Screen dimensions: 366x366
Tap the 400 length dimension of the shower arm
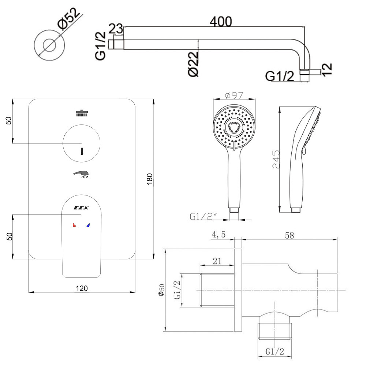[220, 22]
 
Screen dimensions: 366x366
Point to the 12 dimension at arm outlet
[327, 68]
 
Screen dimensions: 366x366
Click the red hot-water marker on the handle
[74, 225]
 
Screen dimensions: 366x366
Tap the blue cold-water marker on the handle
[88, 225]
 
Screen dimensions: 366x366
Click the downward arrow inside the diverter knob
[82, 151]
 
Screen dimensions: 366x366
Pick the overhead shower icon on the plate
[82, 113]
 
